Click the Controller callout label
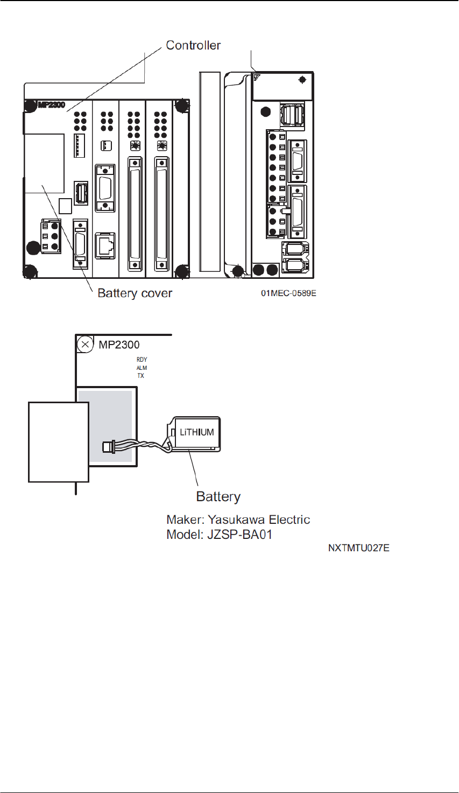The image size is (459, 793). tap(193, 45)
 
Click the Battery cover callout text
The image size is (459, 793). tap(135, 293)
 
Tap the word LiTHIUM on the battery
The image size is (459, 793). tap(196, 432)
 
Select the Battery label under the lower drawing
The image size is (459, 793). tap(218, 496)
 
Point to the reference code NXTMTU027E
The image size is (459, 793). tap(359, 549)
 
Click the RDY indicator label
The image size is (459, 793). tap(142, 360)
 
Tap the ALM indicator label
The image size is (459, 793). tap(142, 368)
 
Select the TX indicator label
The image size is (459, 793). tap(140, 376)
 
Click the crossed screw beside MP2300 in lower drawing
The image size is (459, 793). tap(84, 343)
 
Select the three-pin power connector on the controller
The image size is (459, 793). tap(51, 235)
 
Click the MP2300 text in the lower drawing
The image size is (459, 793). tap(119, 345)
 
